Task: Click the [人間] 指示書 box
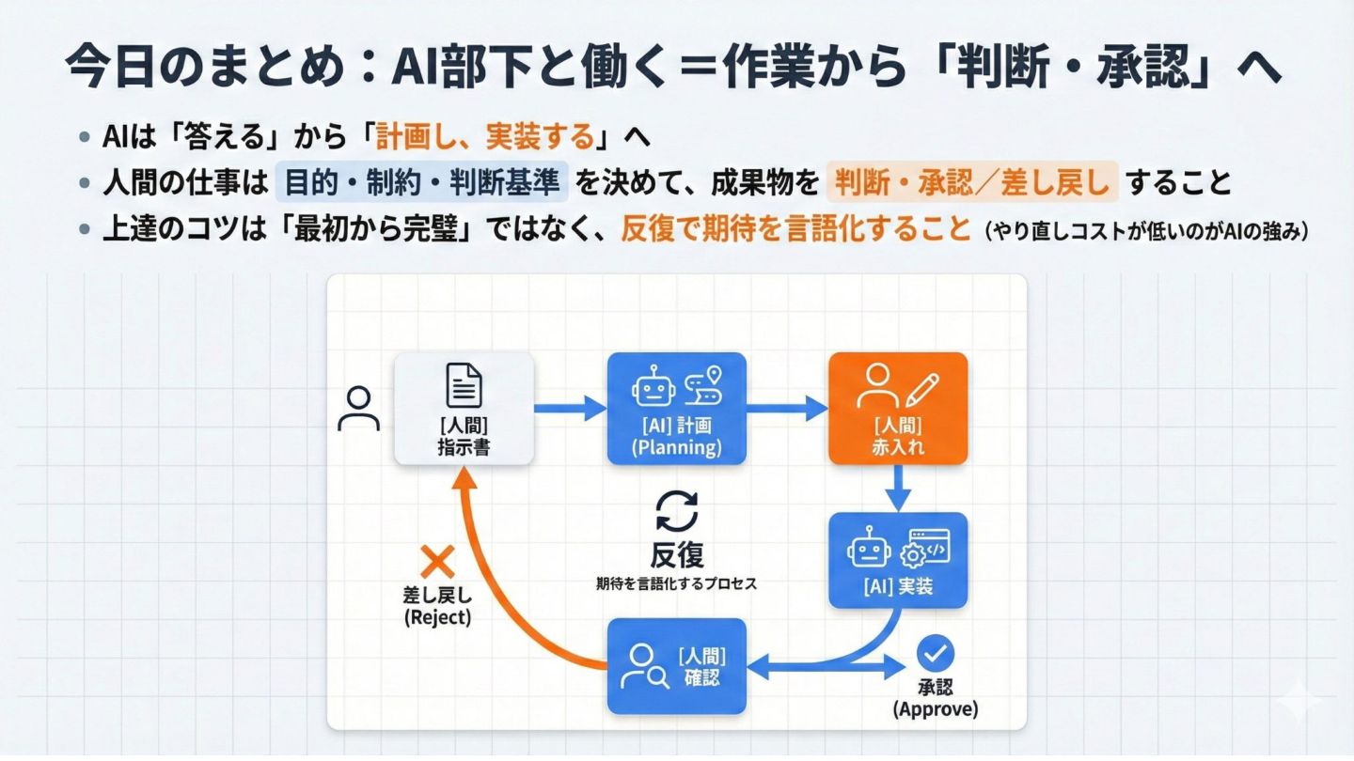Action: point(464,409)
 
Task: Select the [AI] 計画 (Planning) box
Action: point(677,409)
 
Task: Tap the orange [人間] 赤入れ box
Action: point(898,409)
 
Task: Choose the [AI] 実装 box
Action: point(898,560)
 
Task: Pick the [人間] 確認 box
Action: point(677,666)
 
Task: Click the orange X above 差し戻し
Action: point(436,562)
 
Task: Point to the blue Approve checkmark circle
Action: point(935,652)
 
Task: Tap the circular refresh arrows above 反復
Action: point(677,512)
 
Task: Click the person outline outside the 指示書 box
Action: point(358,409)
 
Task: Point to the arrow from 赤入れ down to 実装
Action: point(898,488)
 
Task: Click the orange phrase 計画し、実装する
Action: point(485,138)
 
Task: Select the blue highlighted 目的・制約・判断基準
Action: point(421,182)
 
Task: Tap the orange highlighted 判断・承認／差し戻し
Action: point(972,182)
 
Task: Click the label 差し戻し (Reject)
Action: point(436,606)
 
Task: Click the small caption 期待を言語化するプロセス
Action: point(677,583)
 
